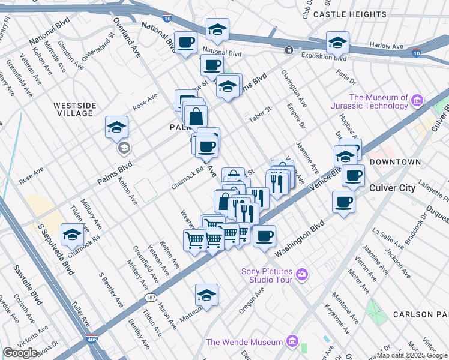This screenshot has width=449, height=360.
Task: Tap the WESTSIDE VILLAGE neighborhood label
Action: click(x=75, y=110)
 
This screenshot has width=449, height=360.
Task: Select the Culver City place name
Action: click(x=391, y=188)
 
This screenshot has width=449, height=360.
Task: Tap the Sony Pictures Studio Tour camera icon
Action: click(x=301, y=275)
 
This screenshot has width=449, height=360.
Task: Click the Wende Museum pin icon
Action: click(x=292, y=341)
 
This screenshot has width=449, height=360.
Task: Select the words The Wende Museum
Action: click(x=244, y=342)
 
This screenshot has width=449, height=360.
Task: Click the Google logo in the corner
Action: click(x=20, y=353)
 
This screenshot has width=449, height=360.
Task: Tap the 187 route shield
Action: click(x=151, y=296)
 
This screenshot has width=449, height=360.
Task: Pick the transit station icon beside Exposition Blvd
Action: click(x=289, y=50)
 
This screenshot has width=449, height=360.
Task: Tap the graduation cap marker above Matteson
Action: click(x=206, y=295)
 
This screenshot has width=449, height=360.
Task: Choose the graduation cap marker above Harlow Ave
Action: click(x=338, y=43)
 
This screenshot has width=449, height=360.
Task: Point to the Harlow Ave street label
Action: click(x=386, y=46)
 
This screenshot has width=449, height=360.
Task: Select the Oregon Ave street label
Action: click(x=252, y=300)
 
